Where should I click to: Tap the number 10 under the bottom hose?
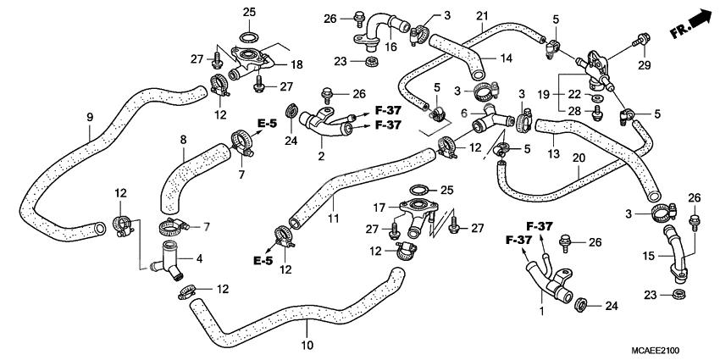(307, 345)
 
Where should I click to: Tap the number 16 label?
(392, 47)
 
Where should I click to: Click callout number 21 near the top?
(482, 16)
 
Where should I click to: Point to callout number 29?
(643, 67)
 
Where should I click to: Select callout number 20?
(578, 158)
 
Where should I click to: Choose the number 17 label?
(381, 207)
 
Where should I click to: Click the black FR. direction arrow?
(698, 17)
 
